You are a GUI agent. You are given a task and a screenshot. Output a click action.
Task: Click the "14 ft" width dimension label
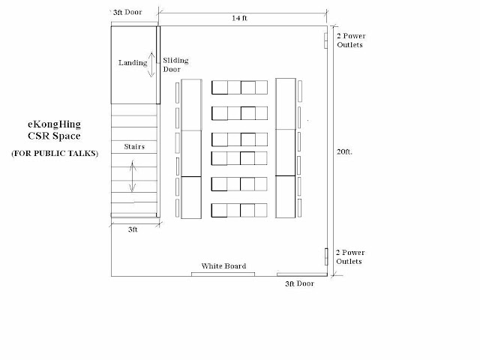click(x=239, y=18)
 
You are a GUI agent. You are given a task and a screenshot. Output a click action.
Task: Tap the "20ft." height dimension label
click(x=344, y=151)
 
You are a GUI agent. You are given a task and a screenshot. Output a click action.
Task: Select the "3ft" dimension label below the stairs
click(x=133, y=229)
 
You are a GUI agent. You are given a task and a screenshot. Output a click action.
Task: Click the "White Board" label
click(x=223, y=266)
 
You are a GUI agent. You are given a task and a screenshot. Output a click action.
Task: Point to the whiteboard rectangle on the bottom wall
click(x=223, y=274)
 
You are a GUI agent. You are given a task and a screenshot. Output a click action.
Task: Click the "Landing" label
click(x=133, y=63)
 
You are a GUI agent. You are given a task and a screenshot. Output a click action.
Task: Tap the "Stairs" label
click(x=134, y=147)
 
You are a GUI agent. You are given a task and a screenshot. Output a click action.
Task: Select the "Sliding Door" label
click(x=175, y=64)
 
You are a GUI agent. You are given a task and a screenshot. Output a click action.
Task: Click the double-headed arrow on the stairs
click(x=132, y=176)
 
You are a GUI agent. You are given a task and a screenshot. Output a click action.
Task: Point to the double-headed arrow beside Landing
click(x=151, y=64)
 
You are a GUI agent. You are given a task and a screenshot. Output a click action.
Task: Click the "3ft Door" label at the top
click(x=127, y=12)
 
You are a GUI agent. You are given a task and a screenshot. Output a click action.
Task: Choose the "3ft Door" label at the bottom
click(x=300, y=283)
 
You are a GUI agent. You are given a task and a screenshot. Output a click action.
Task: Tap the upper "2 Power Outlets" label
click(x=351, y=40)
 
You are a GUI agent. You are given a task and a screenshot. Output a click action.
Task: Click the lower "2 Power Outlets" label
click(x=350, y=256)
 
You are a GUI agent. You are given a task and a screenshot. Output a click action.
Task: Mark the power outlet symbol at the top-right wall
click(x=326, y=40)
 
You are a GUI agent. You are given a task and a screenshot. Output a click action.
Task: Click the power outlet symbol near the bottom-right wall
click(x=326, y=256)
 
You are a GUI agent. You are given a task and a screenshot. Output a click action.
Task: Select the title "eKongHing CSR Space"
click(x=55, y=130)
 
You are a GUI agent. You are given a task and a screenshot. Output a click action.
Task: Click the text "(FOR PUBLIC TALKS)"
click(x=55, y=153)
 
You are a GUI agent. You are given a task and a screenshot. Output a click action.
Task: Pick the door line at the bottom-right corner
click(x=302, y=274)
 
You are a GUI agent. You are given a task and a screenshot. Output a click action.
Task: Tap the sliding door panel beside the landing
click(x=158, y=65)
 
